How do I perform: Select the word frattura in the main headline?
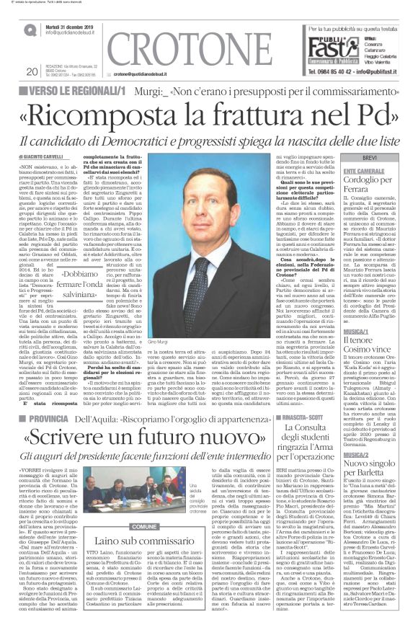pyautogui.click(x=267, y=112)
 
